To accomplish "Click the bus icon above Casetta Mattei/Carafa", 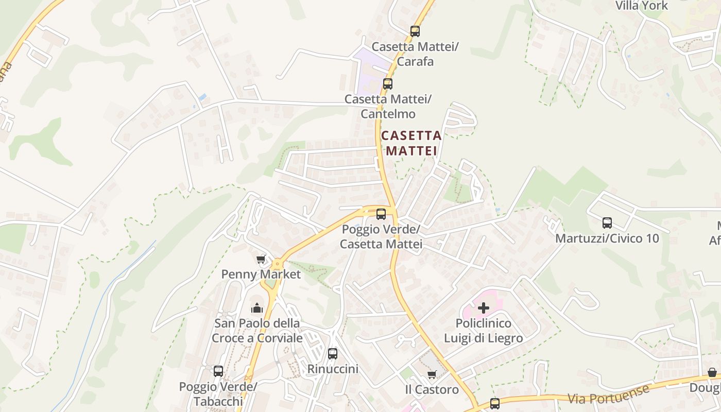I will click(415, 31).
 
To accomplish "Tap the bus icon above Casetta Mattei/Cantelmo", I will click(387, 83).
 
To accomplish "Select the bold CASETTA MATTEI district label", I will click(411, 143).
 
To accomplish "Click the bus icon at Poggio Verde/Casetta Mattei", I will click(381, 214).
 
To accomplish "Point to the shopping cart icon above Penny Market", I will click(261, 259).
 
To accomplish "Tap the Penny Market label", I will click(261, 274).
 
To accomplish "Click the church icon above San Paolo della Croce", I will click(256, 308).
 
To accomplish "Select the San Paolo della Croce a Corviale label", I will click(257, 331).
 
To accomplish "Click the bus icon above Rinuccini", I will click(333, 353).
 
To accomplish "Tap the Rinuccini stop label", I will click(333, 369).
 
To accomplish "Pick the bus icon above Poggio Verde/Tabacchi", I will click(218, 371).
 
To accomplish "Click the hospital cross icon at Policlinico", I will click(484, 308).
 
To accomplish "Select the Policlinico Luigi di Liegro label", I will click(484, 331).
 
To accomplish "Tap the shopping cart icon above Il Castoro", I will click(432, 374).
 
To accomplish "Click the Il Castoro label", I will click(432, 389).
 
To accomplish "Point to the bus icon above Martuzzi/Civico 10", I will click(607, 223).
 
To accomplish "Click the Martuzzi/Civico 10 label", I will click(607, 238).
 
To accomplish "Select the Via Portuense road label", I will click(608, 394).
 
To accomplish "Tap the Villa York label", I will click(642, 6).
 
